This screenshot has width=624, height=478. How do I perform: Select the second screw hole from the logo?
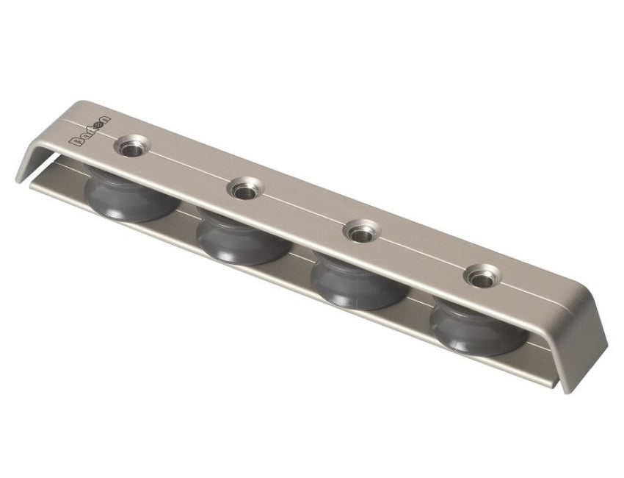click(242, 190)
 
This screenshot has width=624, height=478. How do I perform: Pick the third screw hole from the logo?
click(359, 234)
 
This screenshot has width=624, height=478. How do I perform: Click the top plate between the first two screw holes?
click(187, 168)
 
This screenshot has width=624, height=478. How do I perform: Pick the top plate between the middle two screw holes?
click(300, 212)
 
